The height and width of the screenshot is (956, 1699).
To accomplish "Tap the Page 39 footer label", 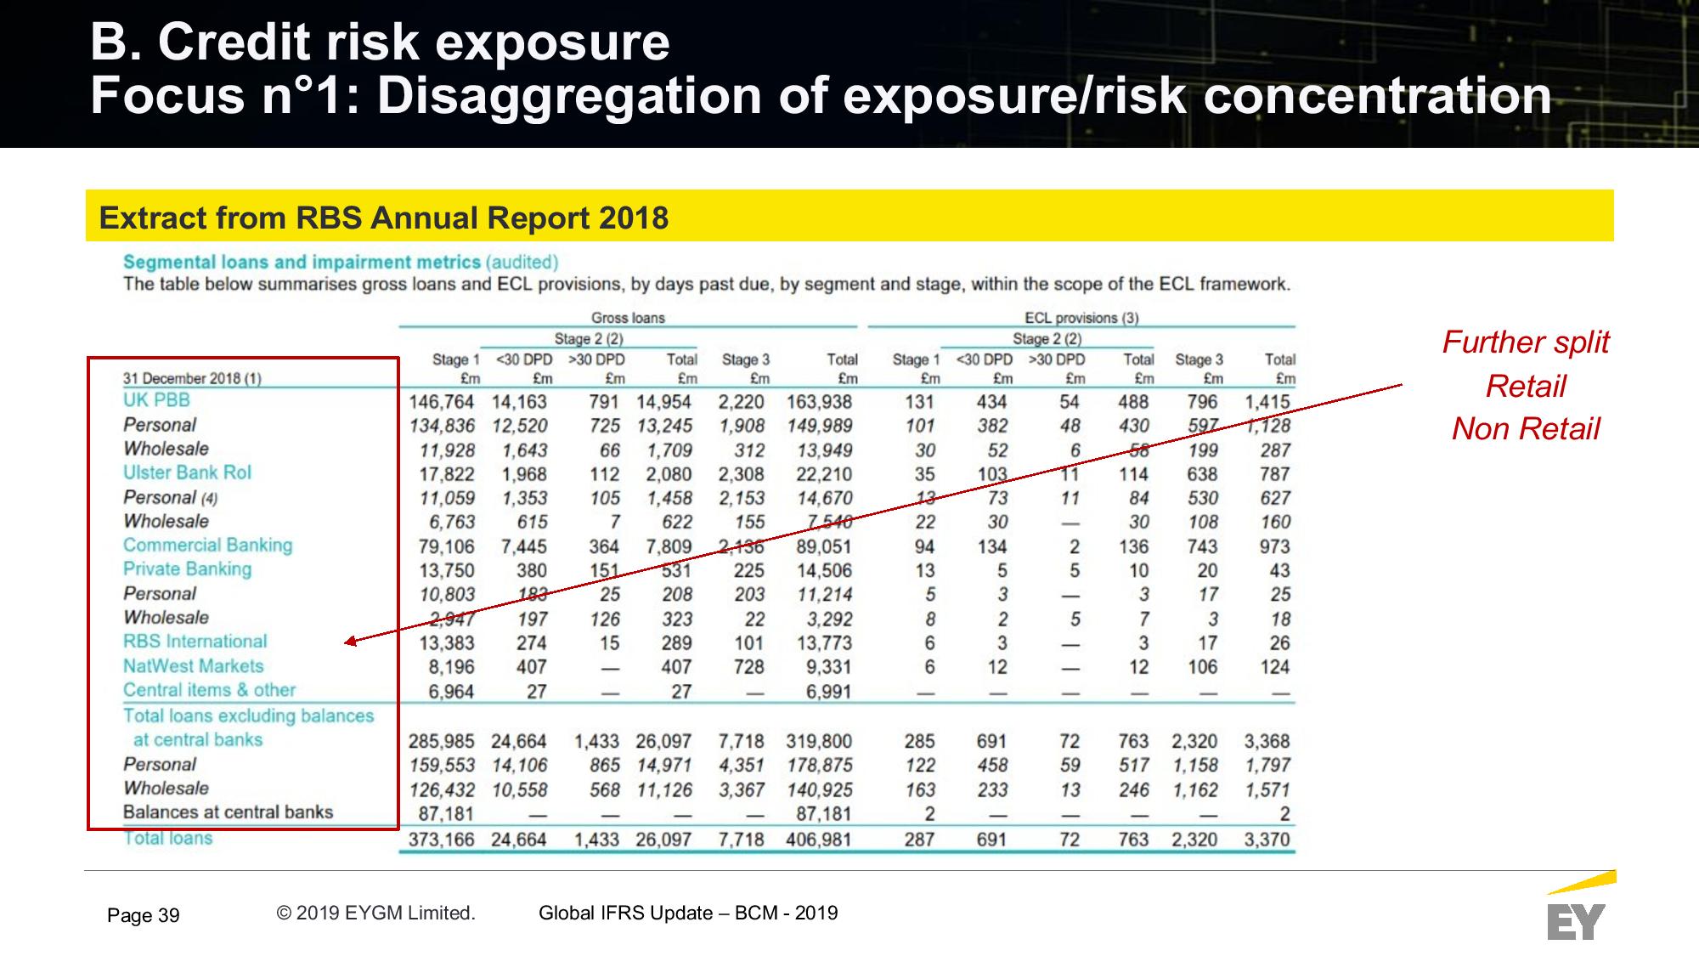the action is point(144,915).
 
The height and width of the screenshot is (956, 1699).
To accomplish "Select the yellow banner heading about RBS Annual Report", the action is point(384,218).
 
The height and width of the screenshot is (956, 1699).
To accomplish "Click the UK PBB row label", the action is point(156,400).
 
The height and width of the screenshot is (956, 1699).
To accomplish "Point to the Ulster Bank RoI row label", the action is point(187,472).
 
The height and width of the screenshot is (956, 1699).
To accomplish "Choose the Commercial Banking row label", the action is point(207,546).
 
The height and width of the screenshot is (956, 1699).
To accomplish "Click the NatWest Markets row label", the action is point(193,666).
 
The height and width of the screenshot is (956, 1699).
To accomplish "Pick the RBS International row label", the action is point(195,642).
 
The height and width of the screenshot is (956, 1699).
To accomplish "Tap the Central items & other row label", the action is point(209,690).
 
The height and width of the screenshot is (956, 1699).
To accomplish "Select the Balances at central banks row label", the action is point(228,812).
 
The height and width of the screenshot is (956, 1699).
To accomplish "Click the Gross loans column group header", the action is point(628,318).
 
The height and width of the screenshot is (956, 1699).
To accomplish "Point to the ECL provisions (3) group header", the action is point(1081,318).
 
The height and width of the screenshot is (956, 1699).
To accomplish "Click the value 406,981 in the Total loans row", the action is point(819,840).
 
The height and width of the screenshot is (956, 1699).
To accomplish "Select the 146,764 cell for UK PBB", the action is point(442,402).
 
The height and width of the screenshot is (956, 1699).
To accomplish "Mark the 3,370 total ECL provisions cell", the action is point(1267,840).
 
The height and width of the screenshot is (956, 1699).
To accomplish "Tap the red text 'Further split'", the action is point(1526,342).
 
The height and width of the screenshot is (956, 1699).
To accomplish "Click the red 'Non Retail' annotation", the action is point(1526,429).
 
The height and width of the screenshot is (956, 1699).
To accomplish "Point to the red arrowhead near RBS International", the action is point(350,642).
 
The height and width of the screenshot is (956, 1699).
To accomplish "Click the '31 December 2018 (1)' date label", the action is point(192,379).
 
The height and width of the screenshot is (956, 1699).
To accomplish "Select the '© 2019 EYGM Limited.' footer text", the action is point(375,913).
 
